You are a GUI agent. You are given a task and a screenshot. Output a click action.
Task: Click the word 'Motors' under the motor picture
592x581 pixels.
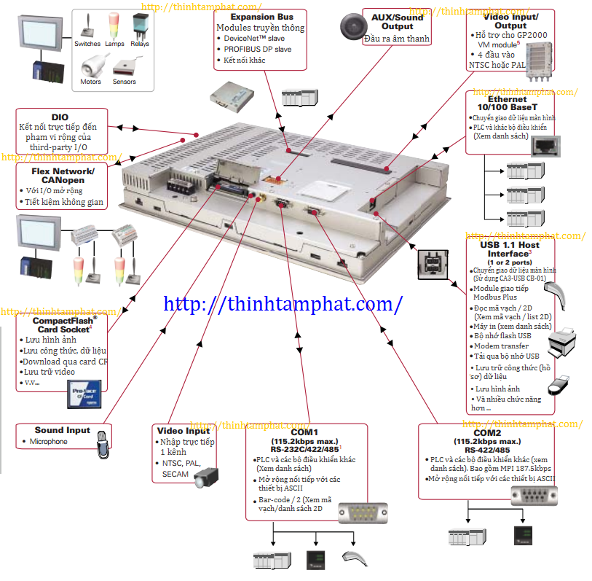click(91, 82)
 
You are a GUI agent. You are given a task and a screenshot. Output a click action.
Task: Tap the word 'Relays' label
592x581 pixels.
click(140, 44)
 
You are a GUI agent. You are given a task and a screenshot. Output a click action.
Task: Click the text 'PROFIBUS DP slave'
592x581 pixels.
click(258, 49)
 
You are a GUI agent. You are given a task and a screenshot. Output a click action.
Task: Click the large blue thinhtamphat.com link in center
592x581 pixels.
click(284, 303)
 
